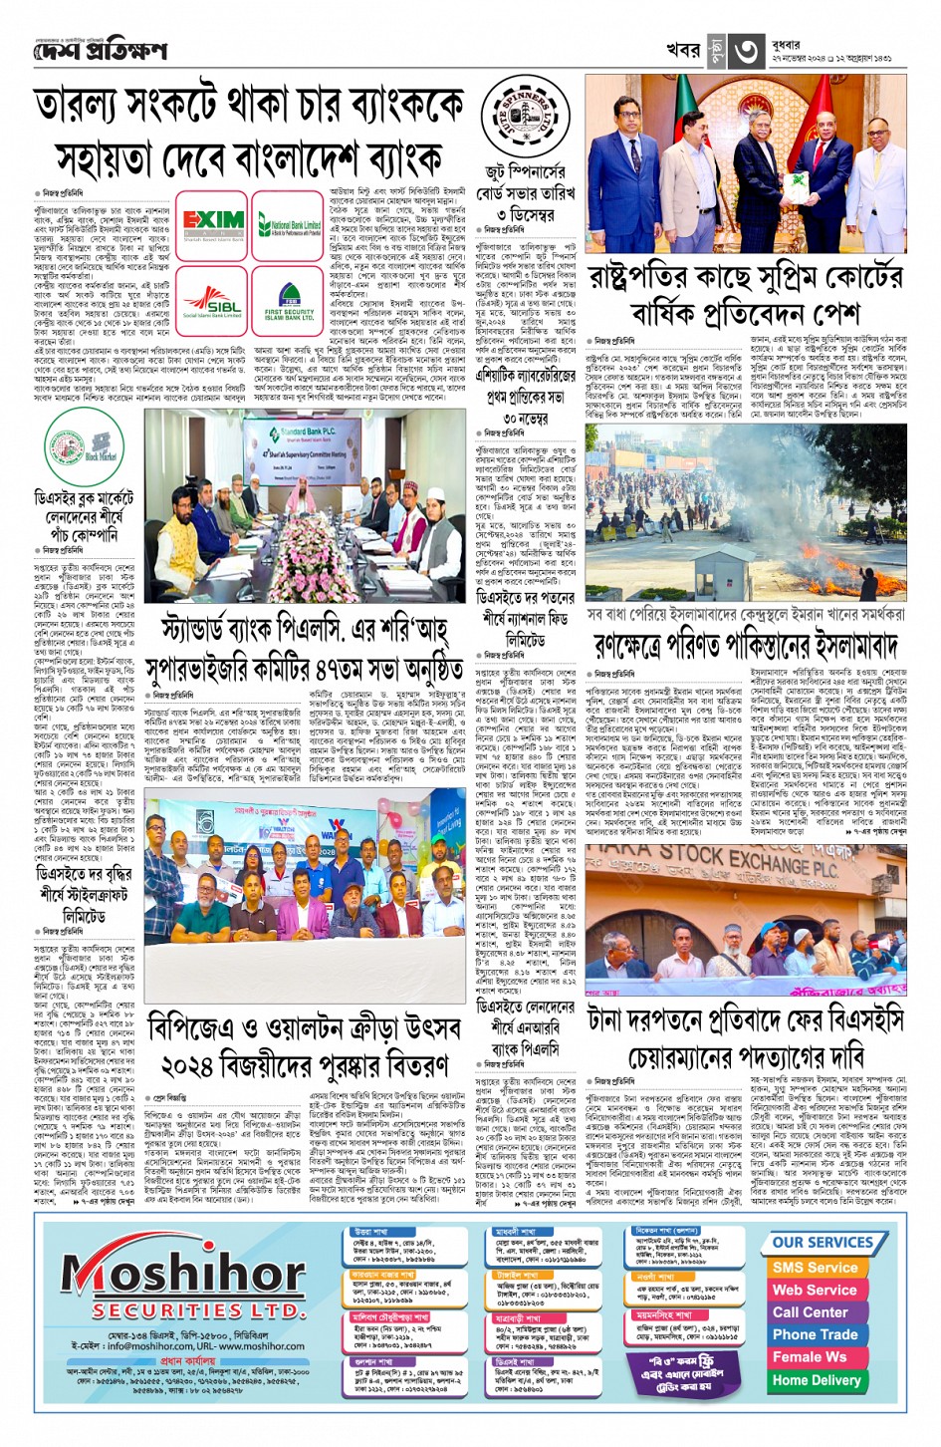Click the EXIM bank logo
211,225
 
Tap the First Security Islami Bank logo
290,304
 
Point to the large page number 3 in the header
747,51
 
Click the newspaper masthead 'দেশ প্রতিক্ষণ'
100,50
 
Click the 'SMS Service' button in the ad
815,1268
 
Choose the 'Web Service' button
815,1290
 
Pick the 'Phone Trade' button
815,1334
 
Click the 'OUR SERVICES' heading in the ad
823,1243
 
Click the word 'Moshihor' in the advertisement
183,1275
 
